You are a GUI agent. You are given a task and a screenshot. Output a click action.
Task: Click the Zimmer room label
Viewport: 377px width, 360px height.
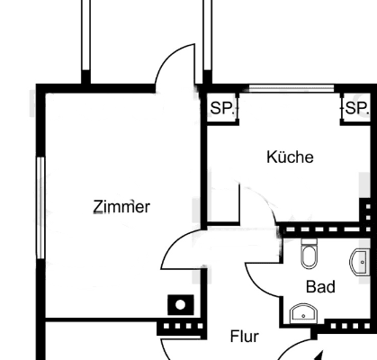coord(121,207)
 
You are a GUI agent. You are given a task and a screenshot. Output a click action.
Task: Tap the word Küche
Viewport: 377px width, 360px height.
coord(291,157)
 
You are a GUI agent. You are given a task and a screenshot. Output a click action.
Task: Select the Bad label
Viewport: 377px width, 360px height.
coord(320,288)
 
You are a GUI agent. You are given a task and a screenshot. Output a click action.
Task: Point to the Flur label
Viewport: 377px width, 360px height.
coord(245,337)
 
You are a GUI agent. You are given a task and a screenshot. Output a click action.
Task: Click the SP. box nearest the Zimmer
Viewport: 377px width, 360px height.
coord(220,108)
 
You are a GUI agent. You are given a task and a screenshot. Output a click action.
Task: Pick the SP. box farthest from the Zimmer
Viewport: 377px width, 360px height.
coord(356,108)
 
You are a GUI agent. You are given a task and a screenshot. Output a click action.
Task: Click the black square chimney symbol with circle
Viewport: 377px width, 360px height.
coord(181,305)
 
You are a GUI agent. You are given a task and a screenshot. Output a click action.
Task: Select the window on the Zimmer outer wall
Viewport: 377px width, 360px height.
coord(40,207)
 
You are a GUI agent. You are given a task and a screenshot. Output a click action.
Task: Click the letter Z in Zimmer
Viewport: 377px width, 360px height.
coord(98,207)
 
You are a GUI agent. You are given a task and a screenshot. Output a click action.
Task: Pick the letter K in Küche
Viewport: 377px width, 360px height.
coord(272,157)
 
